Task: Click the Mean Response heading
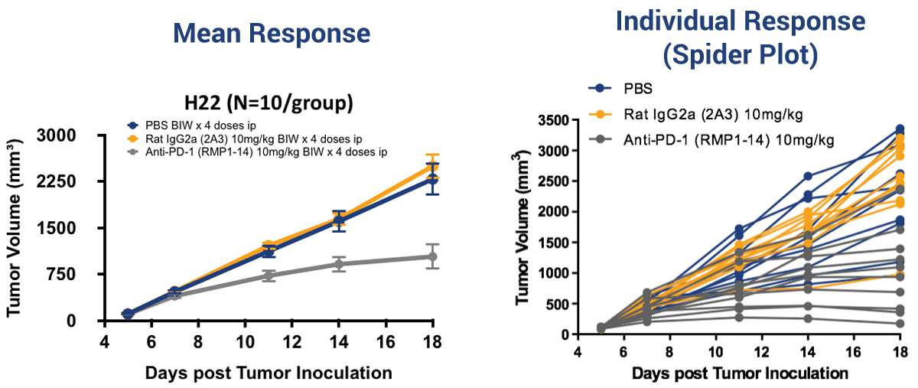272,33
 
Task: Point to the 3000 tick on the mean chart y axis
78,135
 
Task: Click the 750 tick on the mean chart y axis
83,274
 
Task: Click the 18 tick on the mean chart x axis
432,340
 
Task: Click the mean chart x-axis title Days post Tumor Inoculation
269,373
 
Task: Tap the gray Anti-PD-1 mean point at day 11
269,276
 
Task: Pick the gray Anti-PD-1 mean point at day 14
339,264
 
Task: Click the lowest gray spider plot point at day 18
900,324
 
